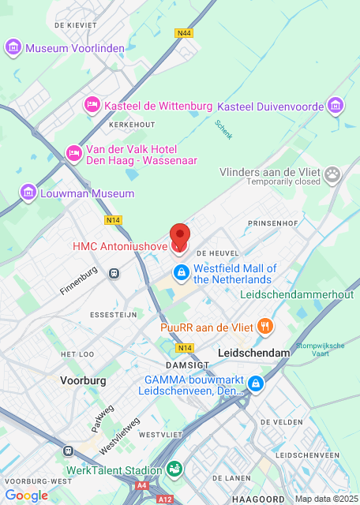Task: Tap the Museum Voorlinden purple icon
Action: tap(13, 48)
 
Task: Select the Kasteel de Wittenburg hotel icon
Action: tap(92, 105)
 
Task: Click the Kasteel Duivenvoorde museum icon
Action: tap(336, 106)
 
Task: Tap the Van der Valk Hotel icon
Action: tap(73, 153)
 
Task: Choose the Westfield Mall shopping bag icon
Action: tap(181, 274)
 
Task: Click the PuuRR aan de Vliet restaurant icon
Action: tap(266, 325)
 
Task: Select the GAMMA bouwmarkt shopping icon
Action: tap(255, 384)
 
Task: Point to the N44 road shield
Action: tap(185, 33)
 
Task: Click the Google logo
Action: tap(26, 496)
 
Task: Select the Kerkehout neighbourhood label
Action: tap(132, 125)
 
